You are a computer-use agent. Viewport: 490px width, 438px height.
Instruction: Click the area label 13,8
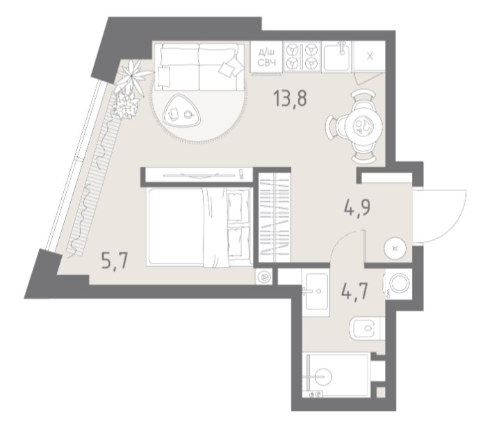point(290,98)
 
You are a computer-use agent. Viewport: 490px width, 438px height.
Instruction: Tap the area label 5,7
point(115,261)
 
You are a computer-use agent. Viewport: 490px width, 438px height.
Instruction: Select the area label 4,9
point(357,208)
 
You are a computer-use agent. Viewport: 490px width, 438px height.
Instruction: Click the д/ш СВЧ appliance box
point(266,58)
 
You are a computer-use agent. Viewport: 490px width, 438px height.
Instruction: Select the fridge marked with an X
point(369,56)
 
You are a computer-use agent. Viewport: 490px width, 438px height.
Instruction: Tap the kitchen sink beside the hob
point(338,56)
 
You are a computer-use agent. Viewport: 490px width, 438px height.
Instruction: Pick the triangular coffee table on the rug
point(181,111)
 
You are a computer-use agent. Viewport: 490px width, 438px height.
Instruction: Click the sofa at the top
point(199,67)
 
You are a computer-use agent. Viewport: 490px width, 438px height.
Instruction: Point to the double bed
point(199,227)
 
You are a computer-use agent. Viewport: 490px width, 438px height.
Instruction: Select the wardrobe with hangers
point(275,218)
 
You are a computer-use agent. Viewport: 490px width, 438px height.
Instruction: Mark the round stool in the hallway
point(395,249)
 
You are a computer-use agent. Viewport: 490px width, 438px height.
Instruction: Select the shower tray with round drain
point(337,375)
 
